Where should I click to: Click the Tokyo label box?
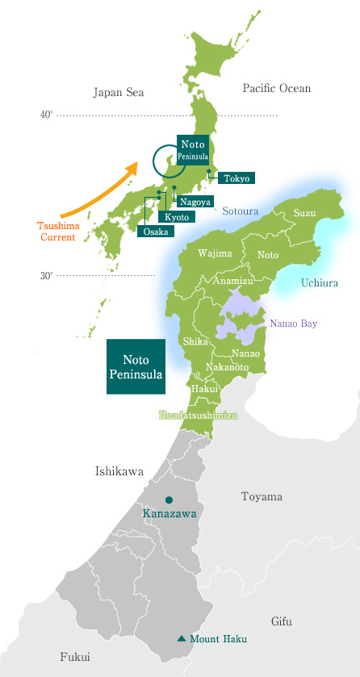(237, 178)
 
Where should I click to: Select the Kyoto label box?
(176, 217)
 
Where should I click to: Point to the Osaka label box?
(156, 232)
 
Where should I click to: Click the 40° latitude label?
(47, 115)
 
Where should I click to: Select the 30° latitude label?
(47, 276)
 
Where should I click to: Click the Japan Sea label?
(119, 93)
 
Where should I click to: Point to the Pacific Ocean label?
(276, 88)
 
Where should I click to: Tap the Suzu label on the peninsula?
(304, 213)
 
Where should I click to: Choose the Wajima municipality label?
(215, 253)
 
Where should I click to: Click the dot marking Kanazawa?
(169, 499)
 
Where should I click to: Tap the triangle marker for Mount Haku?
(181, 639)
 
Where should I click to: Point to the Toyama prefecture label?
(262, 496)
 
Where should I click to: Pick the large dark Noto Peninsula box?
(136, 366)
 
